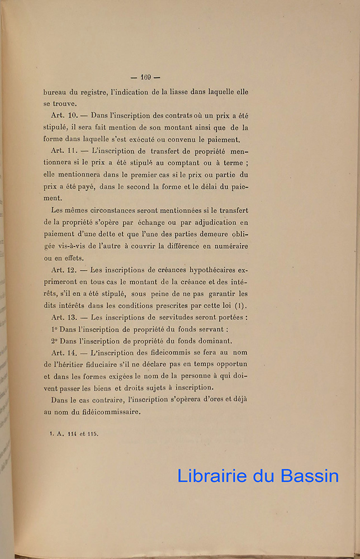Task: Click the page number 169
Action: [x=146, y=77]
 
